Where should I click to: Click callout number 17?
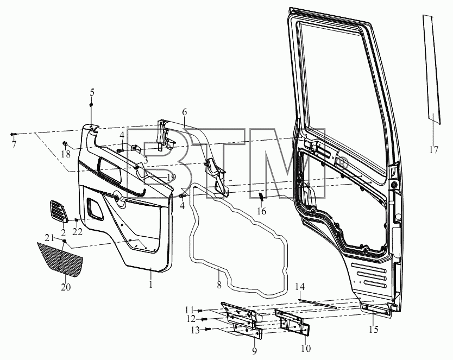pos(433,150)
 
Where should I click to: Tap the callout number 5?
pos(92,92)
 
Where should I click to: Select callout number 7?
pos(14,144)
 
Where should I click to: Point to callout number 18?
pos(66,154)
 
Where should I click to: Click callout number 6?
pos(184,112)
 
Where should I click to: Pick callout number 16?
pos(261,211)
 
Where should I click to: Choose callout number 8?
pos(219,285)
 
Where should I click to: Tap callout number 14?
pos(300,287)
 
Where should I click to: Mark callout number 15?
pos(374,330)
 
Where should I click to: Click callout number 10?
pos(306,349)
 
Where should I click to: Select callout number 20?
pos(66,287)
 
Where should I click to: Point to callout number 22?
pos(77,231)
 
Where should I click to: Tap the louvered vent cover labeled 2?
pos(59,211)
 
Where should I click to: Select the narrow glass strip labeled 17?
pos(432,70)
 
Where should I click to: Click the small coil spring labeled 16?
pos(260,197)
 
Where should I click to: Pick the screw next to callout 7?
pos(14,134)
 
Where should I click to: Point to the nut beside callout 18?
pos(65,143)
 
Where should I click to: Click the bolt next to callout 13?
pos(207,329)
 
